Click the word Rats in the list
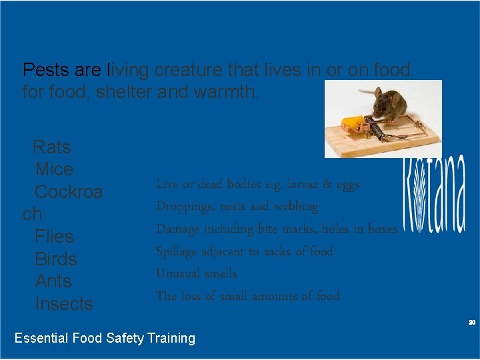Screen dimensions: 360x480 (51, 147)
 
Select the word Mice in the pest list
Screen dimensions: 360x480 (53, 169)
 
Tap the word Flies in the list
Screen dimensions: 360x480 (54, 237)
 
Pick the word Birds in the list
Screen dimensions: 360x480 (55, 259)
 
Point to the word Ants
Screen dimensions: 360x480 (53, 281)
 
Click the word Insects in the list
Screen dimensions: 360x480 (63, 304)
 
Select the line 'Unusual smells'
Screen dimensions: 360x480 (196, 273)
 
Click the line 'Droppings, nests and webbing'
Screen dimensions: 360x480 (237, 206)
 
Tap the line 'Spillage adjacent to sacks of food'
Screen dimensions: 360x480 (244, 251)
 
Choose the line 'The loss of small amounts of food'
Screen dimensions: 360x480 (247, 296)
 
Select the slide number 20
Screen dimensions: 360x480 (471, 322)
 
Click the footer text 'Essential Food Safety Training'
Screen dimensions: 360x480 (105, 338)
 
